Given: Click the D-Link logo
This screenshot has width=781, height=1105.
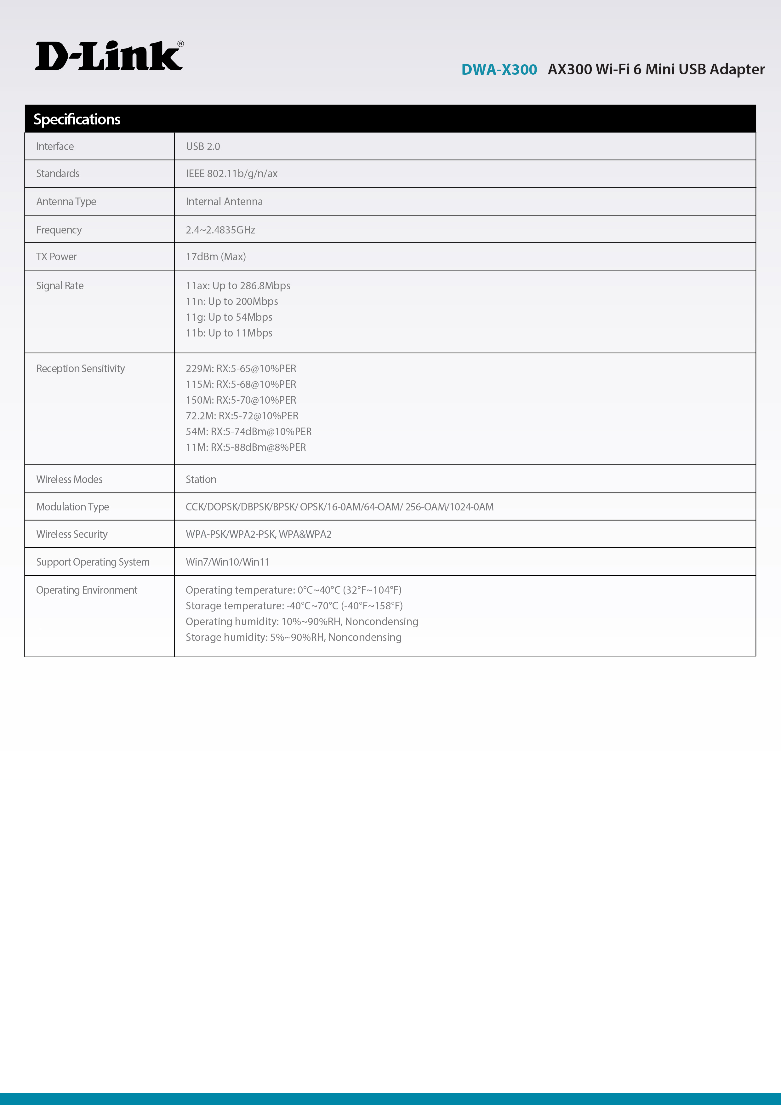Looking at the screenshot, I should (109, 56).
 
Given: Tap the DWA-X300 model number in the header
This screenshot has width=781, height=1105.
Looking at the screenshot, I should (499, 70).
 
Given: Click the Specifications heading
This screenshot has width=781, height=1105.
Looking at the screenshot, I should (77, 119).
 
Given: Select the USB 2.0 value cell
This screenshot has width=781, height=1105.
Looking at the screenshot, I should (203, 146).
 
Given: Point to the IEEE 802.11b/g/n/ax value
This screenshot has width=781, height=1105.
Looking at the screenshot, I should (231, 174).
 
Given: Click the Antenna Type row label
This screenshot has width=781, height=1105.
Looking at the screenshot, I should (66, 202).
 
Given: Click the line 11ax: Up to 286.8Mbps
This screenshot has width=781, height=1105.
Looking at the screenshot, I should (238, 286).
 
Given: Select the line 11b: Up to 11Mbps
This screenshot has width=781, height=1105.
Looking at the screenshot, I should (229, 333).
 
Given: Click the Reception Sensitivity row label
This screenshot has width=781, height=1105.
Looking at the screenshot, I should (80, 369).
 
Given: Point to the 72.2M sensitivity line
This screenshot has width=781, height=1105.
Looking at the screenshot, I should (242, 416).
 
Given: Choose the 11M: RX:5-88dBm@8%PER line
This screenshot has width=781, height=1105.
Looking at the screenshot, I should (246, 448).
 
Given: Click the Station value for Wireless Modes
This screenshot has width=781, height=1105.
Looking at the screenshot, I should (201, 479).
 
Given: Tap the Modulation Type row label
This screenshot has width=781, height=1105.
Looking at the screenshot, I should (73, 507).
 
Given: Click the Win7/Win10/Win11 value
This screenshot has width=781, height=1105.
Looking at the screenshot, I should (227, 562).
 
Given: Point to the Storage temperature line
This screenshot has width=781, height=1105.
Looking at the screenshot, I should (294, 606).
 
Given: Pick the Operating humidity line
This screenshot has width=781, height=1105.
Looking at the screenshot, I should (301, 622).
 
